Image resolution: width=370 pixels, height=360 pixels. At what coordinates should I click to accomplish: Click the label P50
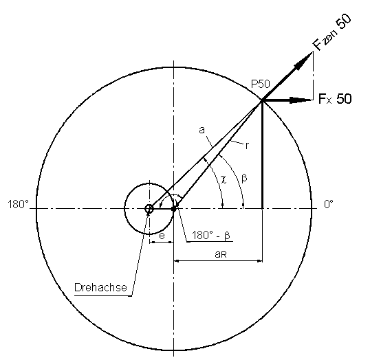pos(260,84)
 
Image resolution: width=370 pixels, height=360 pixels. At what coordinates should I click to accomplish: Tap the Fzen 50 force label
pos(331,32)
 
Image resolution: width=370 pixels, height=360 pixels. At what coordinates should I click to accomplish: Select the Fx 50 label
pos(335,98)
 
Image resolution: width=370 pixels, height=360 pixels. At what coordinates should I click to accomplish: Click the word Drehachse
pos(101,287)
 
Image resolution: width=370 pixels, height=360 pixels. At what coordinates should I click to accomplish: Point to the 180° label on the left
pos(18,204)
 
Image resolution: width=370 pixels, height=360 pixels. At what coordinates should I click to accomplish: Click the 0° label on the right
pos(329,204)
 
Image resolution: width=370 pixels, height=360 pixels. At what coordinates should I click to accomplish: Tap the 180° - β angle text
pos(210,236)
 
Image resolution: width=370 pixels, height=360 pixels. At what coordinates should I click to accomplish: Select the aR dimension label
pos(221,254)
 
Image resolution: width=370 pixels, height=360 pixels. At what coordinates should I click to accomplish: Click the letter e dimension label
pos(162,236)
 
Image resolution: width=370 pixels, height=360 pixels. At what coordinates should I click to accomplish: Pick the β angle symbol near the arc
pos(244,178)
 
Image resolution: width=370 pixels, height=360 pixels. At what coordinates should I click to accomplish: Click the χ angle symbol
pos(224,179)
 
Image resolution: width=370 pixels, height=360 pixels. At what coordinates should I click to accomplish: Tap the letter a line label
pos(202,130)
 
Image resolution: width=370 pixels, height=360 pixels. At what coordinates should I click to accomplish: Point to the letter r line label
pos(247,146)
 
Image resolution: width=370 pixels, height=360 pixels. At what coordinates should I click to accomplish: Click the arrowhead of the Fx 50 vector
pos(301,100)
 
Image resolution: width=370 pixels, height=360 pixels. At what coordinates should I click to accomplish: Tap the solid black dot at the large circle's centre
pos(174,209)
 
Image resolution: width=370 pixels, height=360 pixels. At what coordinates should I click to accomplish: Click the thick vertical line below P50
pos(263,155)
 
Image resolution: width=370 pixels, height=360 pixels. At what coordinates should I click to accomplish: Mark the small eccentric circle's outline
pos(124,209)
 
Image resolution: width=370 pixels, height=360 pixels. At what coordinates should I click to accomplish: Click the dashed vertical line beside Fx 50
pos(314,76)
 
